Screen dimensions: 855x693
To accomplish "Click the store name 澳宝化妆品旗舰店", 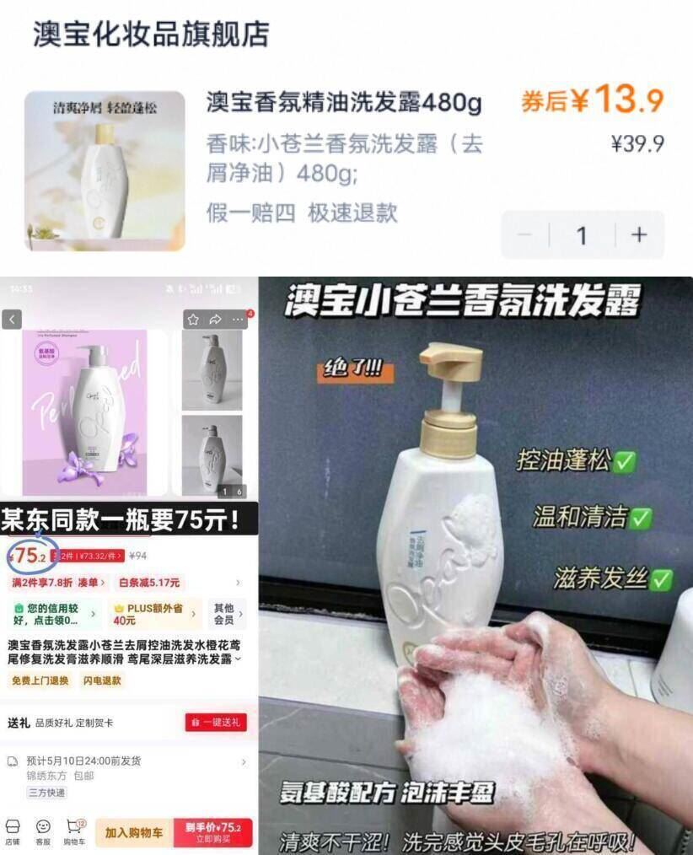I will pyautogui.click(x=151, y=33).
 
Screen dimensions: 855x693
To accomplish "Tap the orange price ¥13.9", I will pyautogui.click(x=593, y=101).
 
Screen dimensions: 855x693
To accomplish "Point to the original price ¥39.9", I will pyautogui.click(x=637, y=143).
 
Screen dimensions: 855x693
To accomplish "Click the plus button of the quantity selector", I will pyautogui.click(x=639, y=234).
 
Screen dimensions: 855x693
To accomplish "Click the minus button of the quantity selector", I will pyautogui.click(x=524, y=234).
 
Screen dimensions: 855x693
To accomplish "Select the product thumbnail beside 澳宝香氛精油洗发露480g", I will pyautogui.click(x=105, y=171).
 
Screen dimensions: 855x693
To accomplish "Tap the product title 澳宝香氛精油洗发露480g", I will pyautogui.click(x=344, y=103).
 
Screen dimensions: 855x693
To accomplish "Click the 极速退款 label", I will pyautogui.click(x=352, y=212).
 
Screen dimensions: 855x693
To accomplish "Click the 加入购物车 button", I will pyautogui.click(x=134, y=831).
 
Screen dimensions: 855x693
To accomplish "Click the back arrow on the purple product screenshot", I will pyautogui.click(x=12, y=320).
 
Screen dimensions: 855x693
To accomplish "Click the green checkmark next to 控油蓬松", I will pyautogui.click(x=626, y=461).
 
